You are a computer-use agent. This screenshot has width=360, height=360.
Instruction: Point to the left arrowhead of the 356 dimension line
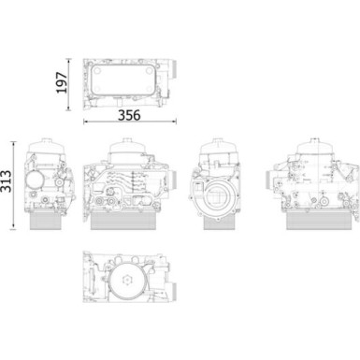tap(86, 121)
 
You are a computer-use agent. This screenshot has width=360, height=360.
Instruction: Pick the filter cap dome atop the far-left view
tap(43, 149)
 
